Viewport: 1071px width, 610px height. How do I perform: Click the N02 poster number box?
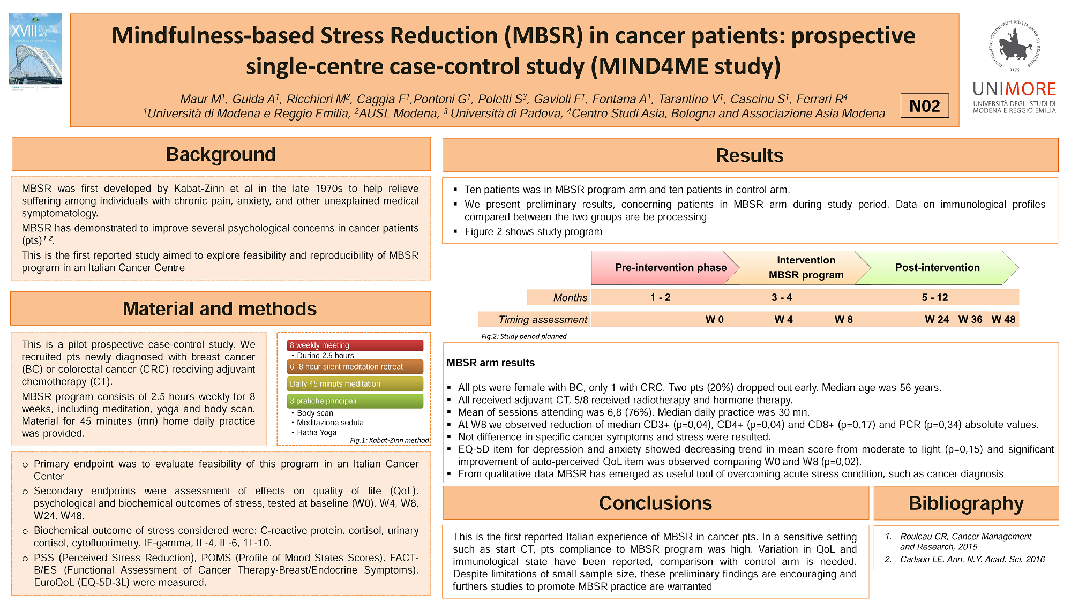tap(924, 106)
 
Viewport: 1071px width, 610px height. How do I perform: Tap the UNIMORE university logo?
tap(1014, 67)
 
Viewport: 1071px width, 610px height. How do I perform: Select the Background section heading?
tap(221, 154)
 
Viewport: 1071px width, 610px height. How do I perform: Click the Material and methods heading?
tap(220, 309)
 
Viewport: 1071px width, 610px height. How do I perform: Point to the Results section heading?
tap(750, 155)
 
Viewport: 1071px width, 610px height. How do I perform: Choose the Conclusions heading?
tap(655, 503)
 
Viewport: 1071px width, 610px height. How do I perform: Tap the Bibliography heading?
tap(965, 503)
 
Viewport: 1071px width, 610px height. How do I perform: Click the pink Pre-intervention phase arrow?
tap(664, 268)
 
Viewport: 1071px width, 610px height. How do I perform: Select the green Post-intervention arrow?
tap(937, 268)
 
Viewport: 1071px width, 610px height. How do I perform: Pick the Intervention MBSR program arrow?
tap(804, 268)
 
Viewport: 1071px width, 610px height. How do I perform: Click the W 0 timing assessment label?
tap(714, 320)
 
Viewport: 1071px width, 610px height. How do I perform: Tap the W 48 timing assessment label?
tap(1003, 320)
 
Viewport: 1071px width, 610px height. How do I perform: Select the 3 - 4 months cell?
tap(782, 297)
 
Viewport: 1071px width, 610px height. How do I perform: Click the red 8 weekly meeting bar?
tap(355, 345)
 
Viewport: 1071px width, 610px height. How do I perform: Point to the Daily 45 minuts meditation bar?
tap(355, 384)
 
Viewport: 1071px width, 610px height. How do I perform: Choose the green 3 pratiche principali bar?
tap(355, 401)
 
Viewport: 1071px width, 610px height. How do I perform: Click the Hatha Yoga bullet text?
tap(317, 433)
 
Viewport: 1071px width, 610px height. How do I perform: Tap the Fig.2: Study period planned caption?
tap(523, 336)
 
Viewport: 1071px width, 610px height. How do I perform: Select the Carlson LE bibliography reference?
tap(972, 559)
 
